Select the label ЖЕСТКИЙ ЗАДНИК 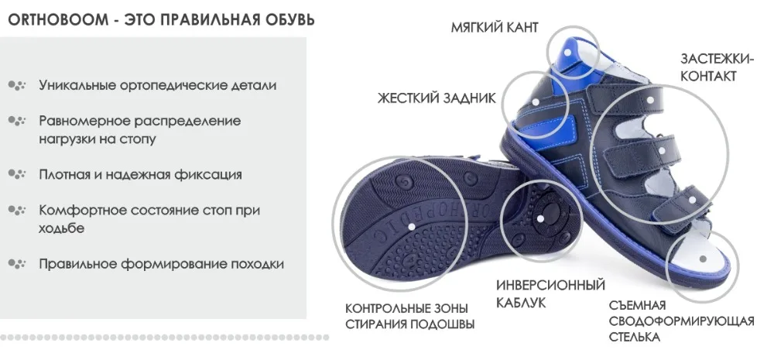(x=437, y=98)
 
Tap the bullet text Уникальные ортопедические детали (x=157, y=85)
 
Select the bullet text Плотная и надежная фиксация (x=140, y=174)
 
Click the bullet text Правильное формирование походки (x=161, y=264)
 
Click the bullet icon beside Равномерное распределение (x=17, y=121)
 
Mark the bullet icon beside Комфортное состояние (x=17, y=211)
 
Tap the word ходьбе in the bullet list (x=61, y=228)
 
